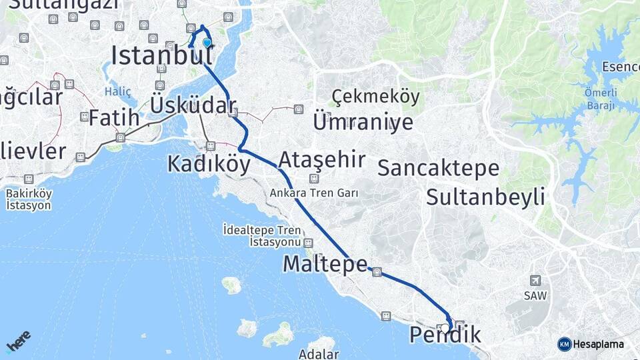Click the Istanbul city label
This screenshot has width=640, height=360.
(x=157, y=56)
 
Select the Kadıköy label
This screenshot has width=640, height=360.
(x=209, y=163)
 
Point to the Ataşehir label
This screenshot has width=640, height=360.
(x=322, y=160)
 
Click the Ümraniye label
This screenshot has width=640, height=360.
(x=363, y=123)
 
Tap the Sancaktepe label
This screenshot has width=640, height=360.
(x=438, y=168)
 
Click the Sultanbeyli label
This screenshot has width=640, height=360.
(x=485, y=197)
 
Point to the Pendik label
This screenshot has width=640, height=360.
(x=445, y=335)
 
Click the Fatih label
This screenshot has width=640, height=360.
(x=114, y=118)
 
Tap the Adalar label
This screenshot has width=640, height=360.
(x=319, y=354)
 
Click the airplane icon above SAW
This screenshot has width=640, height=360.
(x=535, y=281)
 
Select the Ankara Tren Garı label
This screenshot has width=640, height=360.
(x=315, y=193)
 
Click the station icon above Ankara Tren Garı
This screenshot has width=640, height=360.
(x=314, y=179)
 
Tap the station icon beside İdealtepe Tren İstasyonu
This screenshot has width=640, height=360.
(x=308, y=243)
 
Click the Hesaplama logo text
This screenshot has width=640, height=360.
(x=598, y=344)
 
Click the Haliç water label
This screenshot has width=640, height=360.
(x=118, y=91)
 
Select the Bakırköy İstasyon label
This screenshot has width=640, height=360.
(x=29, y=199)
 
